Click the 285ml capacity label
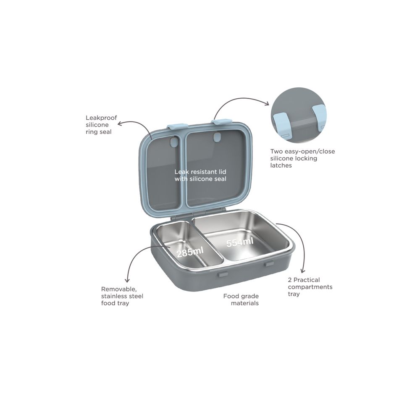point(190,252)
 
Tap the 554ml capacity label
point(240,242)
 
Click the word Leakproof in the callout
point(101,118)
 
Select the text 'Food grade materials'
point(241,300)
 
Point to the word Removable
point(119,289)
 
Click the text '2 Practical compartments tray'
point(310,287)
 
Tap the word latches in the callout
point(281,165)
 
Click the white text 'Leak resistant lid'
point(200,172)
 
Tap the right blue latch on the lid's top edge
point(221,122)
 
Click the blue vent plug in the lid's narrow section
point(174,142)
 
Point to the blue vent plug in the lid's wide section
point(216,138)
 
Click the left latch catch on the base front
point(223,274)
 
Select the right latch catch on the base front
point(269,264)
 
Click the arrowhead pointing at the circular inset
point(267,104)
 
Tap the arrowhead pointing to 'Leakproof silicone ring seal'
point(121,123)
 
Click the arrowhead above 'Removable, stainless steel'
point(127,280)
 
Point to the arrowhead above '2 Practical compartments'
point(303,271)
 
